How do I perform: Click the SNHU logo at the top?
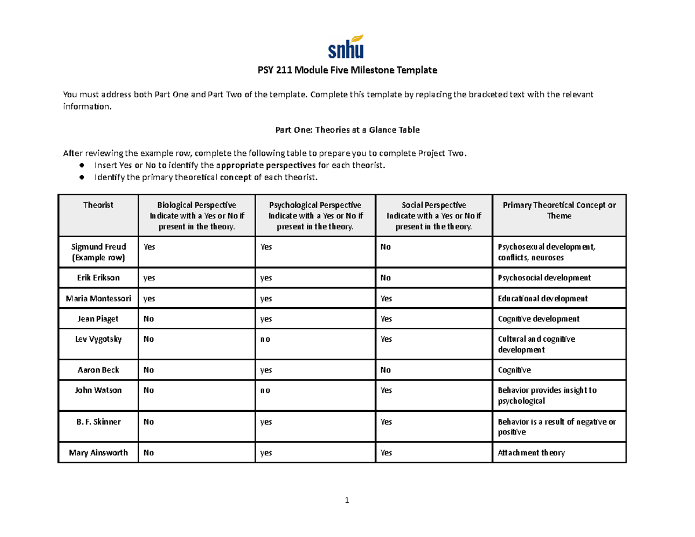pos(347,46)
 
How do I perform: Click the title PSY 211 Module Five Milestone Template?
pos(347,71)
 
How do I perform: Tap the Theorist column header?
pos(98,205)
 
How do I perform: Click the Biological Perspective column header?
pos(196,215)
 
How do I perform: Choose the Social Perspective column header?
pos(433,215)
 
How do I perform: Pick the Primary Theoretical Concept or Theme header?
pos(559,210)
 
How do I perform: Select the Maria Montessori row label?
pos(98,298)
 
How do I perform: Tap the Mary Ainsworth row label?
pos(98,453)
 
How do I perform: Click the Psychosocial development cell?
pos(544,278)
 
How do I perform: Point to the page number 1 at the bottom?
pos(346,501)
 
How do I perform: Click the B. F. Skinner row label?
pos(98,422)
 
